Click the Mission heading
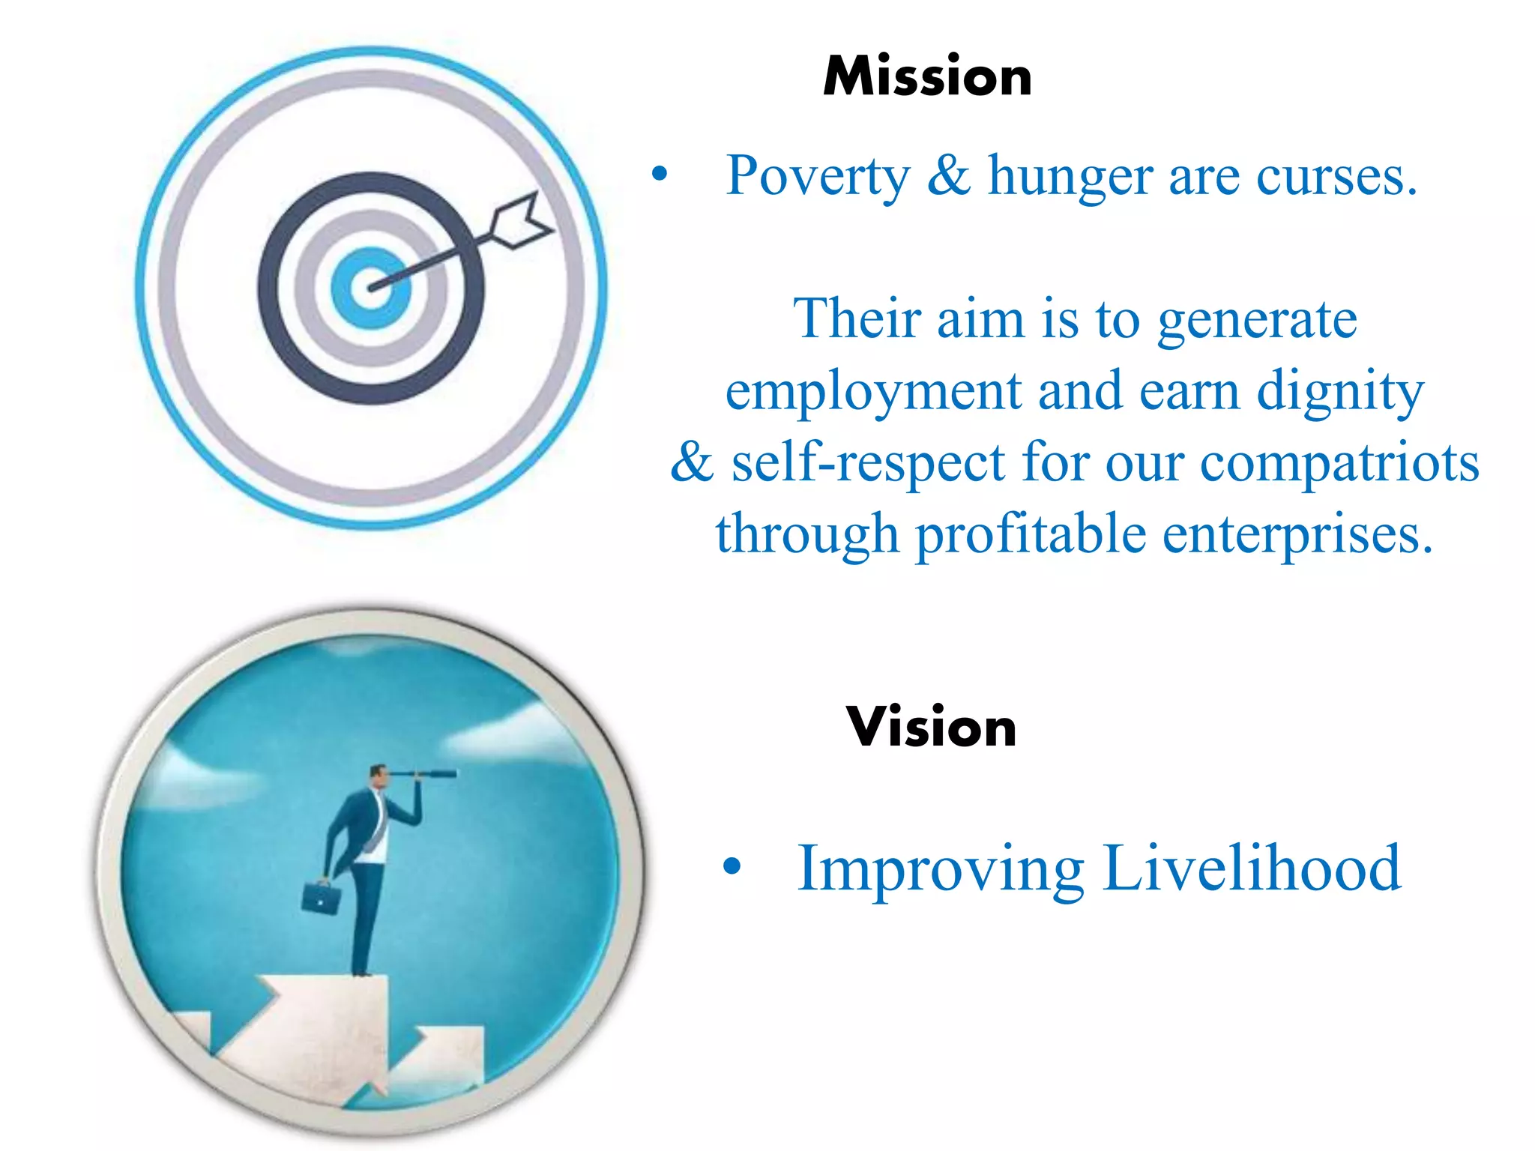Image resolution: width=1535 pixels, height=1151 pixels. coord(927,76)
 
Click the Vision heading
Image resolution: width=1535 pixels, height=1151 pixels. coord(931,727)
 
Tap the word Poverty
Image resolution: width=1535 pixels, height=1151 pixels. coord(818,177)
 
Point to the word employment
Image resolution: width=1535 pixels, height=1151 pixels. coord(873,393)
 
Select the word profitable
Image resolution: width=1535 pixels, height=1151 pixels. coord(1031,535)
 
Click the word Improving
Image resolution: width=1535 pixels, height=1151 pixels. coord(940,869)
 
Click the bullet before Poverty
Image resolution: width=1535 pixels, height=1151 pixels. coord(659,175)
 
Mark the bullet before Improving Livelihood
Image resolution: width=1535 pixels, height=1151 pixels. coord(732,867)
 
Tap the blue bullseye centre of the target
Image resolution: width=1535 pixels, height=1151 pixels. coord(371,288)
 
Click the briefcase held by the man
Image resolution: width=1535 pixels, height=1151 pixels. coord(320,897)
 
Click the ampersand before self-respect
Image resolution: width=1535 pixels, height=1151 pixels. coord(691,462)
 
